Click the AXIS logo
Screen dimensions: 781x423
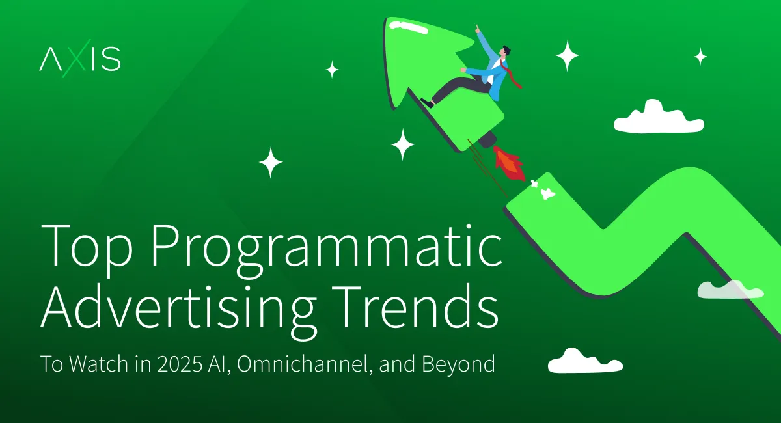point(80,59)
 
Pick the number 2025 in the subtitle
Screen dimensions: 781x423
point(180,364)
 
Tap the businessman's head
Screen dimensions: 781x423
point(505,51)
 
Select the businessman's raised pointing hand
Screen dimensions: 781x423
point(478,29)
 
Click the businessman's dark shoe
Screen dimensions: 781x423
point(427,103)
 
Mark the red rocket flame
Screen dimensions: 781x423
point(510,164)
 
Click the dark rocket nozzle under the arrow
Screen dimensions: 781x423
point(487,139)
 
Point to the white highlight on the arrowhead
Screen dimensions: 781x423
point(408,28)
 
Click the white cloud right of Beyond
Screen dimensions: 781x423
point(585,361)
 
